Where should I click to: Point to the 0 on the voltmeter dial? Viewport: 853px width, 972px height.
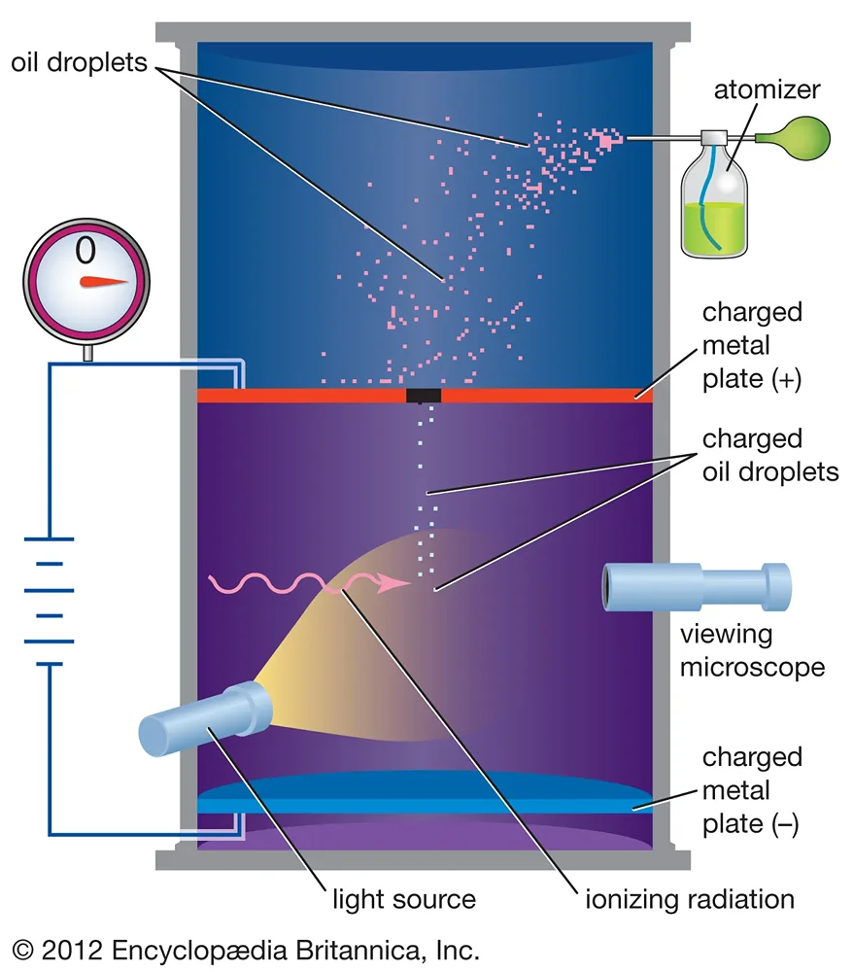point(85,252)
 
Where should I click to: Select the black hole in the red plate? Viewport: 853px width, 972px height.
point(424,396)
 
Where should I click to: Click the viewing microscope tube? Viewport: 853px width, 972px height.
point(696,587)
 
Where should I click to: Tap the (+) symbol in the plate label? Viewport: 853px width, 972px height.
point(782,379)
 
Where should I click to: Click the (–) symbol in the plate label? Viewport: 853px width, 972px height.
point(782,824)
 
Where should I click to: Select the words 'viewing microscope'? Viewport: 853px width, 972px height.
point(752,651)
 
